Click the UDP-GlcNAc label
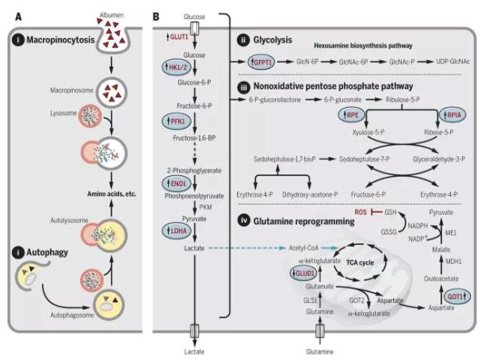pyautogui.click(x=453, y=61)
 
